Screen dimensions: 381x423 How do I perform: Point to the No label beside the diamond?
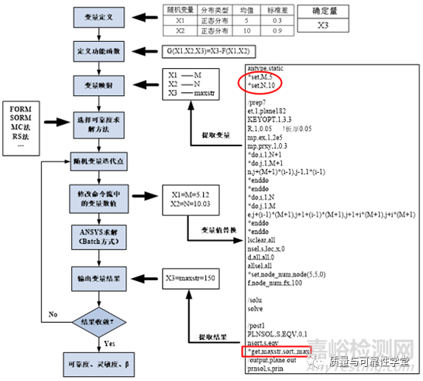52,315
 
